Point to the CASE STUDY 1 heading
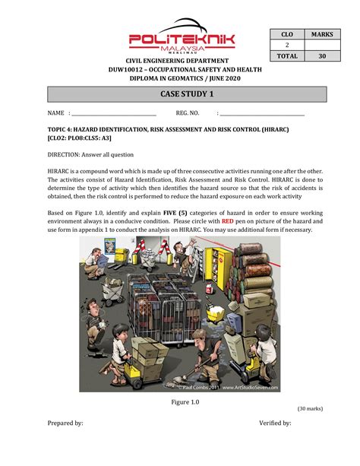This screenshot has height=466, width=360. tap(187, 94)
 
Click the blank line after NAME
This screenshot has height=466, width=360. tap(112, 113)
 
